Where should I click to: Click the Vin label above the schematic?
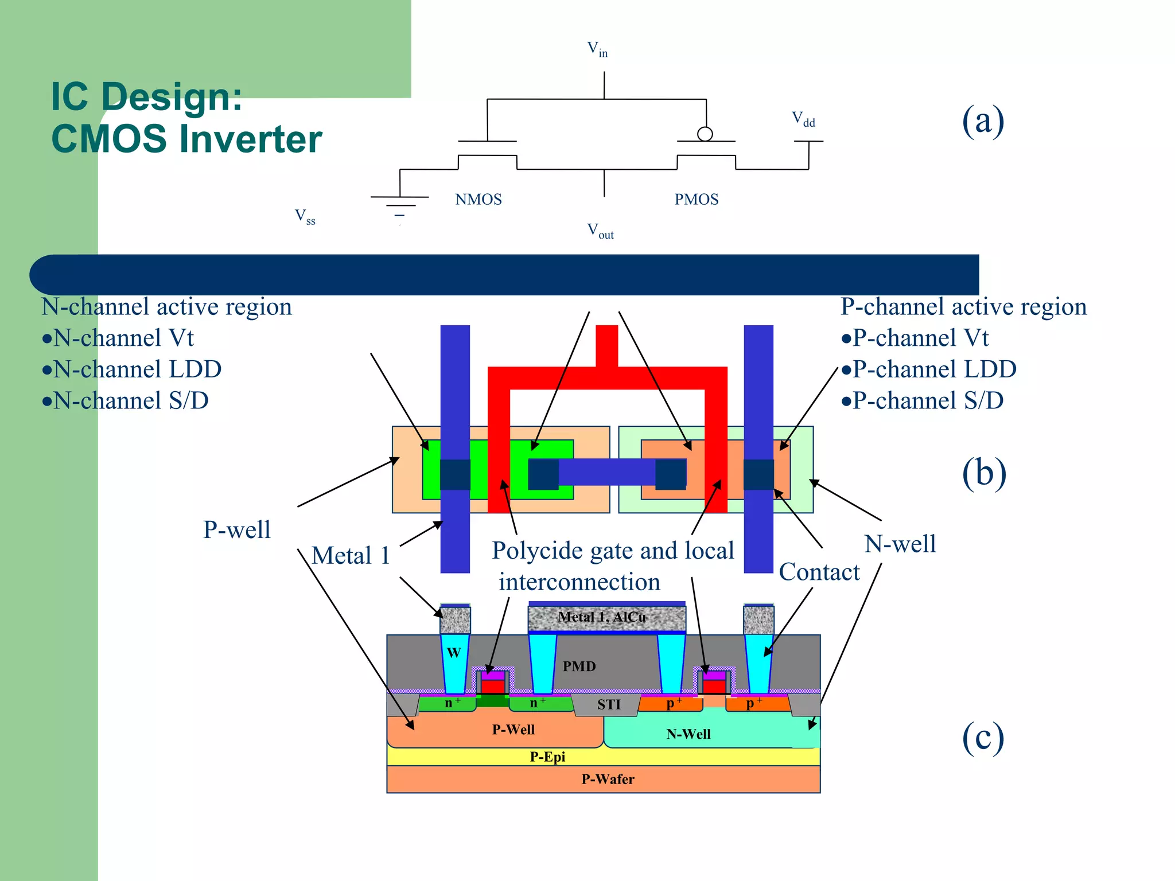point(597,49)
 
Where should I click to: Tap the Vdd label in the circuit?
point(803,119)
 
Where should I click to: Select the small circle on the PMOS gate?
point(705,134)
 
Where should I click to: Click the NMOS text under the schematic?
point(478,200)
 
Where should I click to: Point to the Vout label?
point(600,231)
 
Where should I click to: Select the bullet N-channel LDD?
point(131,369)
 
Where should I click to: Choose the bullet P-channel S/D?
point(922,401)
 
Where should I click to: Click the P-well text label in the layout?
point(236,530)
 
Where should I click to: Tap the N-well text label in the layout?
point(900,544)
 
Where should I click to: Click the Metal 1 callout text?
point(351,556)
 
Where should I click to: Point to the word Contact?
point(819,572)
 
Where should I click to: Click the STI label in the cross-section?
point(609,704)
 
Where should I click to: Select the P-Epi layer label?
point(547,757)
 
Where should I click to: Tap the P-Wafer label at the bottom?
point(608,779)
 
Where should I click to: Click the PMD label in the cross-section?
point(579,666)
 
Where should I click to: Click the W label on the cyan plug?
point(453,653)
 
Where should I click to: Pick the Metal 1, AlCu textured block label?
point(602,617)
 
